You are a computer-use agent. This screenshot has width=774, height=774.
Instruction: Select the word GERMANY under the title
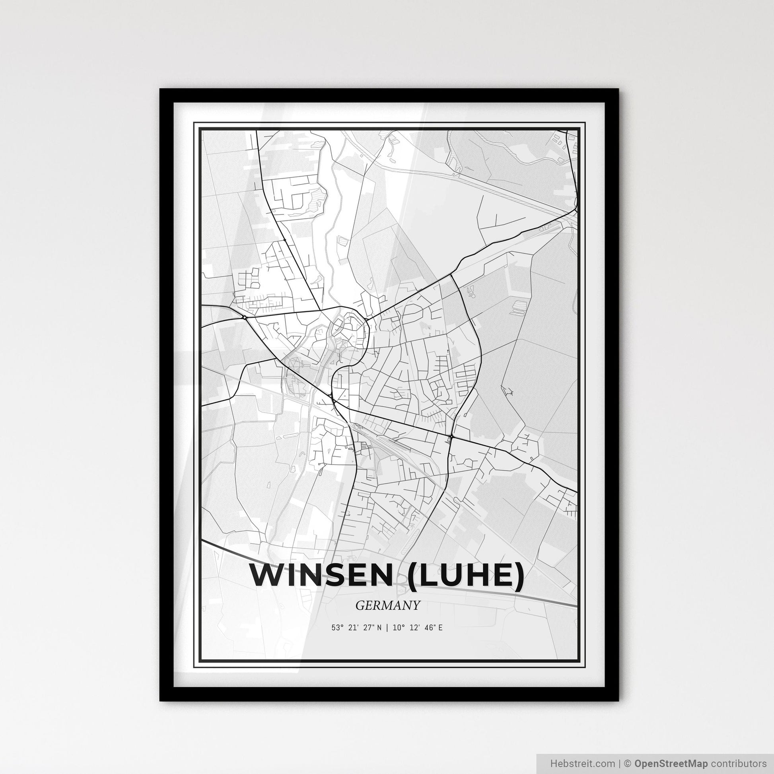387,605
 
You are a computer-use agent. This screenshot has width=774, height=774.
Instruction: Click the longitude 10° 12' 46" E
418,628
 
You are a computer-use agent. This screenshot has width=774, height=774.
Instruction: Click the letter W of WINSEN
267,576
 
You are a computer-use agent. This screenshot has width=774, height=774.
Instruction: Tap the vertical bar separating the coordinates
387,628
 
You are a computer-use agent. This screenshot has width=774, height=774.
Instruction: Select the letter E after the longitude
440,628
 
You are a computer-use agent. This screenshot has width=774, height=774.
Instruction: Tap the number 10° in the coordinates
397,628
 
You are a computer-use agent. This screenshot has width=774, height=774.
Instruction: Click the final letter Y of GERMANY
417,605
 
